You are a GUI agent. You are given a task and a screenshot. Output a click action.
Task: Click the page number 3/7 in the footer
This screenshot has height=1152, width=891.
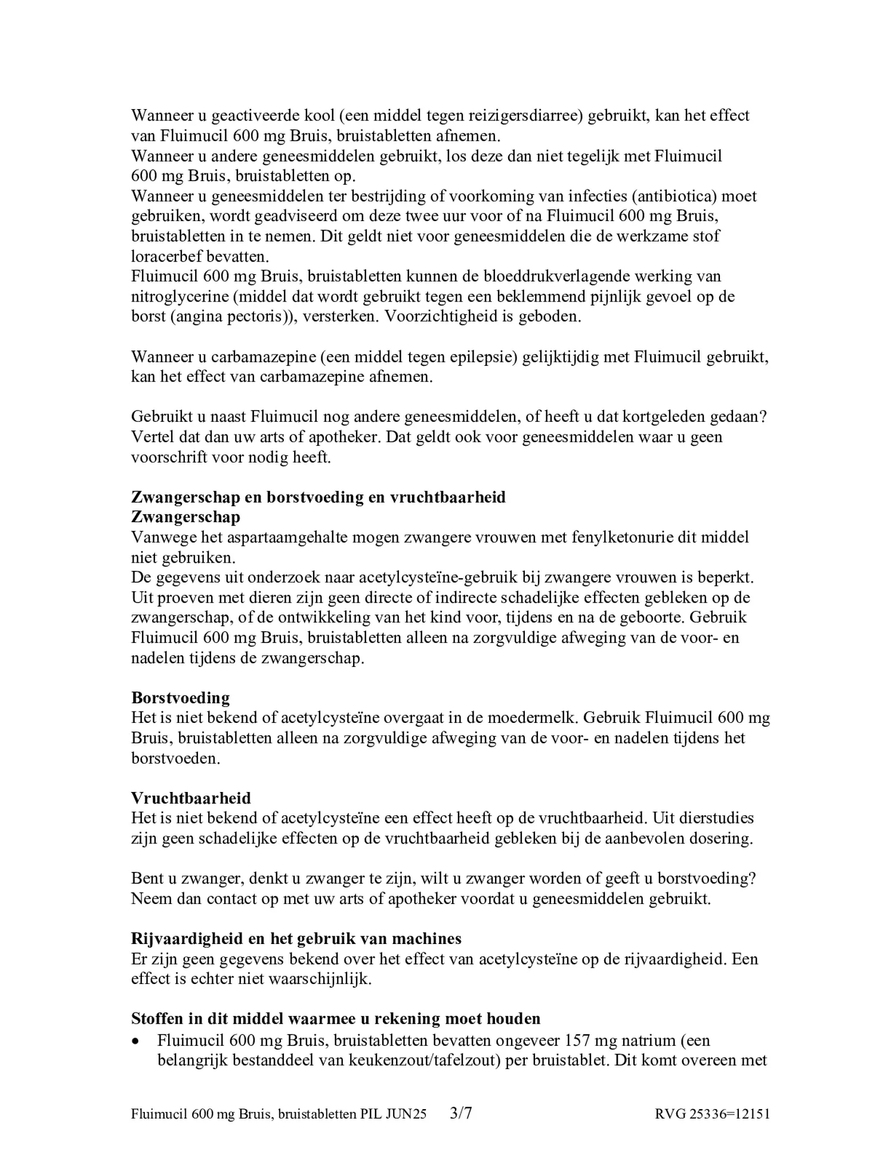point(460,1113)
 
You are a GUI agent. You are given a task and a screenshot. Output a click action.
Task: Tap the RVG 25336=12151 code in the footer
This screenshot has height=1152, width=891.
point(711,1114)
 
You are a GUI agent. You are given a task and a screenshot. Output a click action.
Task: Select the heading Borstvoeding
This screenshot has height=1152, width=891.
point(180,697)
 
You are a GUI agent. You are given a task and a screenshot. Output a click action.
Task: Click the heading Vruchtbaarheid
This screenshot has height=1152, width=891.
point(191,798)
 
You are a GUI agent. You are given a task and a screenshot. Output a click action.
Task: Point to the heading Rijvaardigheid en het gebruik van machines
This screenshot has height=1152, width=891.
point(296,939)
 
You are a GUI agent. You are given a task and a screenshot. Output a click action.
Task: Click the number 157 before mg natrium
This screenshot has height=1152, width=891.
point(577,1041)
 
